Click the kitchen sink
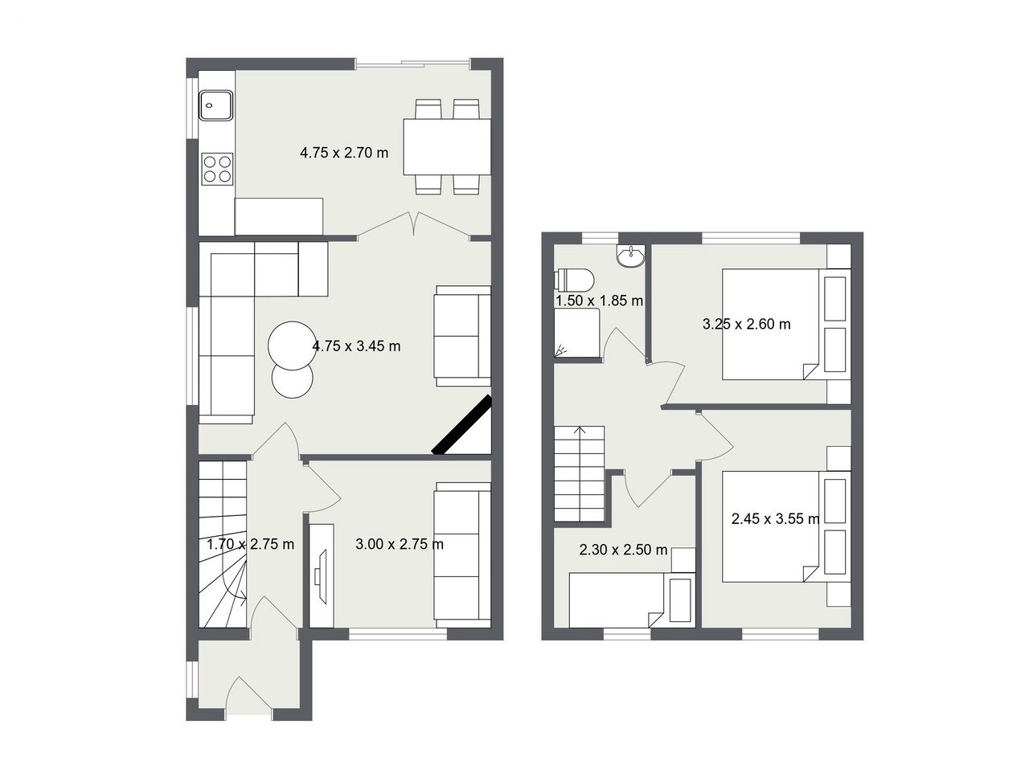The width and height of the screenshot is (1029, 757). [x=216, y=105]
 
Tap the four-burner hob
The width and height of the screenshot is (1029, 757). [x=217, y=169]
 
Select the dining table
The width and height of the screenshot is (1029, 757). [x=447, y=146]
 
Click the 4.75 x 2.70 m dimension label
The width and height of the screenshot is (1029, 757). [x=344, y=153]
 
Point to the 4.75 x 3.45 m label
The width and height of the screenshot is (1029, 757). [x=356, y=346]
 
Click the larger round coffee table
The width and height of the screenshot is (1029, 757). [x=292, y=346]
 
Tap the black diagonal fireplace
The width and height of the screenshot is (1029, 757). [x=461, y=425]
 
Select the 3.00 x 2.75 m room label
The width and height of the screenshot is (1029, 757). [x=400, y=544]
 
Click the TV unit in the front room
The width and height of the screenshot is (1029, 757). [x=322, y=575]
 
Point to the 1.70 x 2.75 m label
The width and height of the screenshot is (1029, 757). [x=250, y=544]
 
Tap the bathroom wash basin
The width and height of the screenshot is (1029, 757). [x=631, y=256]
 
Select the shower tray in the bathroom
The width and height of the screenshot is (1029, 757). [x=577, y=333]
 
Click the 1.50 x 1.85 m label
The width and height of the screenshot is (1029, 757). [x=600, y=301]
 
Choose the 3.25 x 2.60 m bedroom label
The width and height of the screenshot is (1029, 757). [x=747, y=325]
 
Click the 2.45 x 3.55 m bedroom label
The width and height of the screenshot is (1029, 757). [x=776, y=519]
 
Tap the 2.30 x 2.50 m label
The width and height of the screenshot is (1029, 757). [x=623, y=550]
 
